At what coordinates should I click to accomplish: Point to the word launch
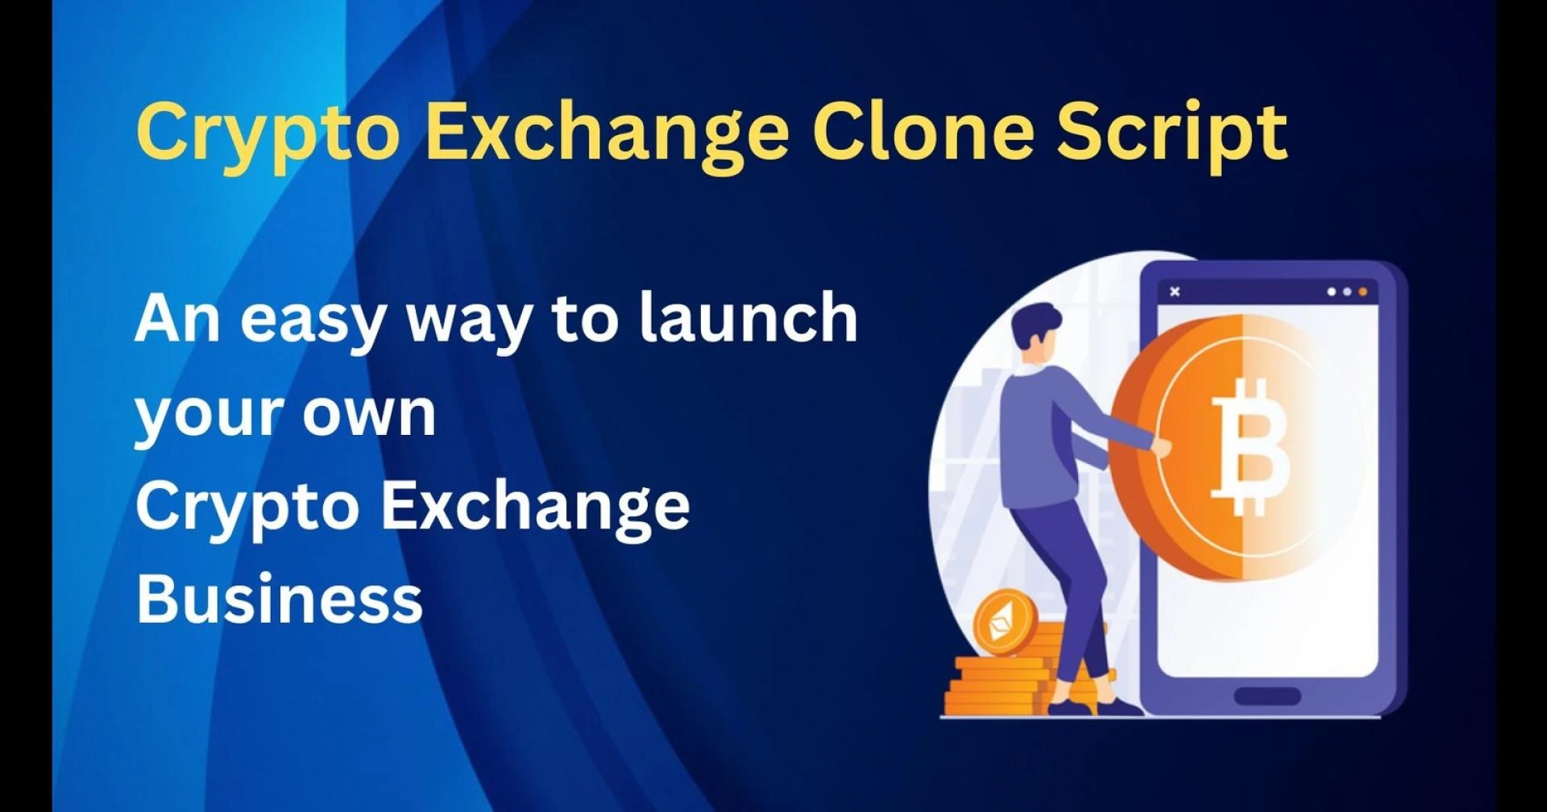749,318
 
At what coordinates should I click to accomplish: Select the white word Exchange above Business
535,507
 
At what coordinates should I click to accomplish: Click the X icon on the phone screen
1175,292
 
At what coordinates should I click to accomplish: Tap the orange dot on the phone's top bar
1362,292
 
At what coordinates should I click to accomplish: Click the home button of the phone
1267,695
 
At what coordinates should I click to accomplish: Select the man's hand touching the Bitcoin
1161,447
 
